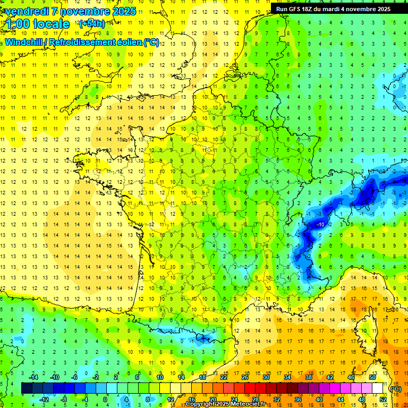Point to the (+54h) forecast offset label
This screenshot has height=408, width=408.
pos(91,24)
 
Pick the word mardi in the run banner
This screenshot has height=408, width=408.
pos(335,9)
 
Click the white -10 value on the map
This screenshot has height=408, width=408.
pos(320,225)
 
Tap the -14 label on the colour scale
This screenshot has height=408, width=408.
pos(33,377)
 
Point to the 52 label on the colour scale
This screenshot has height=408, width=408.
pos(383,399)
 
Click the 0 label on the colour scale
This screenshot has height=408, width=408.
pos(106,399)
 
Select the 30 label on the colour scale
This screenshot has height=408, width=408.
pos(266,377)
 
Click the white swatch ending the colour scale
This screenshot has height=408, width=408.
pos(377,388)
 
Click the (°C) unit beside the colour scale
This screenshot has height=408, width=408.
pos(395,389)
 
